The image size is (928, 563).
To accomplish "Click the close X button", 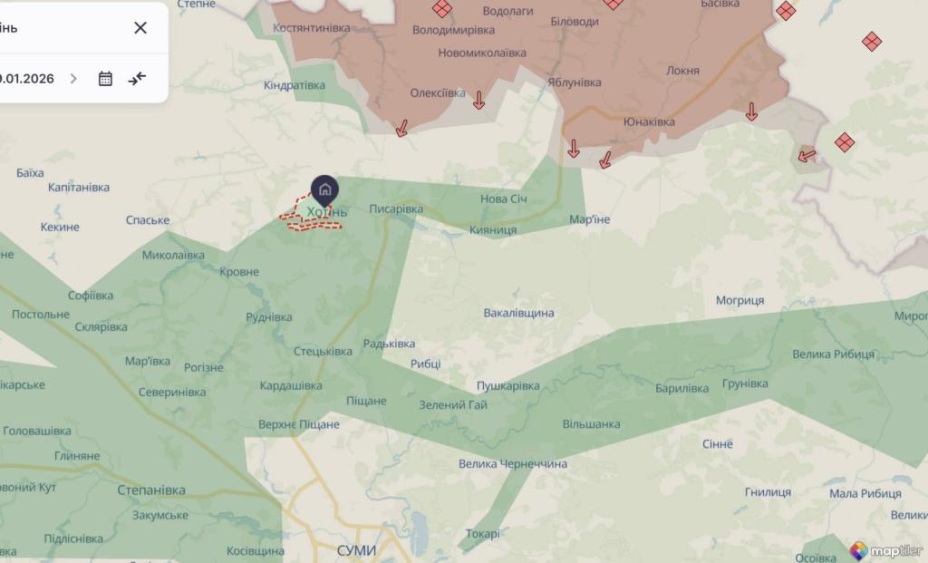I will (x=140, y=27).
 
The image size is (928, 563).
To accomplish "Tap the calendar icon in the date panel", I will (x=105, y=79).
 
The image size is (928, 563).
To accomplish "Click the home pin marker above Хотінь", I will (x=325, y=189).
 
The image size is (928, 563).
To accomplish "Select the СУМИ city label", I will (x=355, y=550).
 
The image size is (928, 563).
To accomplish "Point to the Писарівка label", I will (x=396, y=209).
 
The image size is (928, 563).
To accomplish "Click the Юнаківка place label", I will (x=649, y=121).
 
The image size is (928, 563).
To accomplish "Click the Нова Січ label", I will (x=504, y=199).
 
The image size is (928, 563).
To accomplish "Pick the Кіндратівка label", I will (x=295, y=85).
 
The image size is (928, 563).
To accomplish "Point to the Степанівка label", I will (x=151, y=490).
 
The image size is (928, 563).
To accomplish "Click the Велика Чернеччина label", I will (x=513, y=464).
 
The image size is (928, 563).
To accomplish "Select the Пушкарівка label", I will (x=508, y=386).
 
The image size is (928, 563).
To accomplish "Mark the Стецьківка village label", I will (x=324, y=351).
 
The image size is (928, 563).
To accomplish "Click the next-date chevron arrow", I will (x=73, y=79).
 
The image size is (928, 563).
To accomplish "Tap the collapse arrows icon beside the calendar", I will (x=137, y=79).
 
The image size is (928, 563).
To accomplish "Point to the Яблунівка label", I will (x=575, y=83).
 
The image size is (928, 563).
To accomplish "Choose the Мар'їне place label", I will (x=590, y=219).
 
